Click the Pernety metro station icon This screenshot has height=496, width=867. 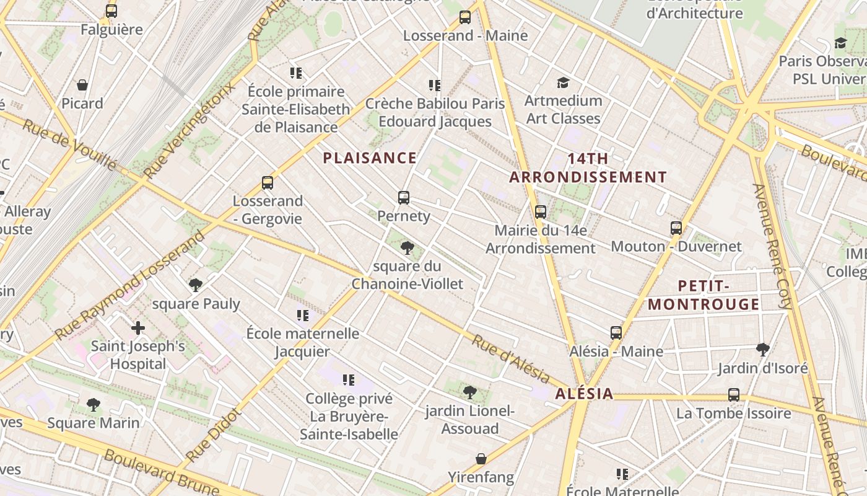(404, 198)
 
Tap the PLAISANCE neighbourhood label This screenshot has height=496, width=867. (370, 158)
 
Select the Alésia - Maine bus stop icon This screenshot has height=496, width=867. (616, 333)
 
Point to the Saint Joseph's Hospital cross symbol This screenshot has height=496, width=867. (138, 327)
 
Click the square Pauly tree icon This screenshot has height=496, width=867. (196, 285)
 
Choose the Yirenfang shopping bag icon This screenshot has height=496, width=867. (481, 459)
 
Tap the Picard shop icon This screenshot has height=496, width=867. (82, 85)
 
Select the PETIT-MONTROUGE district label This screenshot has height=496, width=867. (704, 295)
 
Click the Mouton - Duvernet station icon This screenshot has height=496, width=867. (676, 228)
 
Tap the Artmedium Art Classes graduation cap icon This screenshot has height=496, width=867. (563, 82)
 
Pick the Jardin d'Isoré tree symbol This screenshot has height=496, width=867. (763, 350)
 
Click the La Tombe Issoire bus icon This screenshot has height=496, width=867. (734, 394)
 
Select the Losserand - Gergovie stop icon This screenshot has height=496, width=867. (268, 183)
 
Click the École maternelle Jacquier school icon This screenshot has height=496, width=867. (302, 316)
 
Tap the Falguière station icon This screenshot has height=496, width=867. (111, 11)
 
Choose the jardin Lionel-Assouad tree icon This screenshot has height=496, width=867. (470, 392)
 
